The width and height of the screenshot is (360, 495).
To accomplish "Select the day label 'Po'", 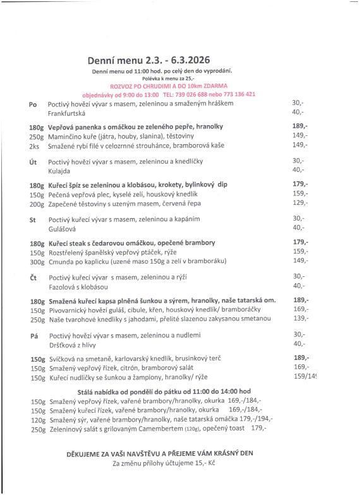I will pos(33,103).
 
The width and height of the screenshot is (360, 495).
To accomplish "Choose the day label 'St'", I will pos(33,219).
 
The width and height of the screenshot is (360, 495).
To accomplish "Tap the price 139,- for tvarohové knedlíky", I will pos(301,319).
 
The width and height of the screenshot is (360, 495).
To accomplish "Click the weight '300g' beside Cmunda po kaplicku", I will pos(37,260).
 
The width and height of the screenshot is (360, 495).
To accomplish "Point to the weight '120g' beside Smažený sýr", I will pos(37,419).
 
